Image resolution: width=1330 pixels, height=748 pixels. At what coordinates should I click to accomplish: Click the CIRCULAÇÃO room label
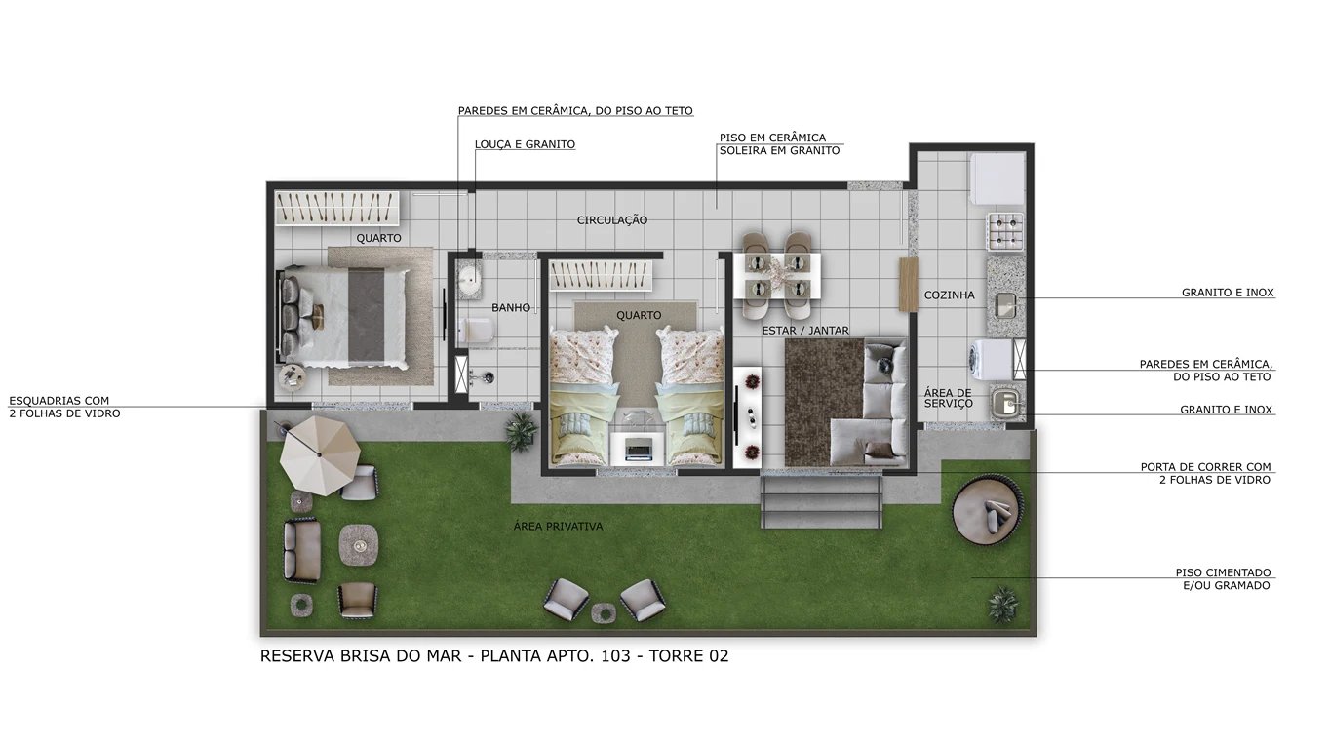tap(612, 220)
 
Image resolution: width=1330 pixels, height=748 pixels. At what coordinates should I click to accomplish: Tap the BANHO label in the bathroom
tap(511, 307)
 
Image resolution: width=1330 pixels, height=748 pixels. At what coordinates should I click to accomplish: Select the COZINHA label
tap(950, 295)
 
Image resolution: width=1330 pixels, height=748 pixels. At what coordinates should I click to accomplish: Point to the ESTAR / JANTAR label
tap(805, 330)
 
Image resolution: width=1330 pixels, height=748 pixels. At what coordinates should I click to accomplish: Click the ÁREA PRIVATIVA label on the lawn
tap(558, 526)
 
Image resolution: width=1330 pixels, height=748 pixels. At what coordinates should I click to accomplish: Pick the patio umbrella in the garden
tap(320, 455)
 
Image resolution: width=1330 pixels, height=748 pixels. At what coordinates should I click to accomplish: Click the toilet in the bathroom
tap(476, 332)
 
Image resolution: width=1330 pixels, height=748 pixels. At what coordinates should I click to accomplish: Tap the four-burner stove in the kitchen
tap(1005, 231)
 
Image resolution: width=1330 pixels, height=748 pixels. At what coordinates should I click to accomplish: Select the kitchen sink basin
tap(1006, 306)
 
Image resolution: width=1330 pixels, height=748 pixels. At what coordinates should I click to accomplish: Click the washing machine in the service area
tap(990, 359)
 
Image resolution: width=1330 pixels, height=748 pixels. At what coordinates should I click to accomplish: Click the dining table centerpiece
tap(777, 275)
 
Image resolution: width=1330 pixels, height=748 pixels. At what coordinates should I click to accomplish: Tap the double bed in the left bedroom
tap(344, 316)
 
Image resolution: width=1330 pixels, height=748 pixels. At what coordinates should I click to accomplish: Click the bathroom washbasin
tap(470, 277)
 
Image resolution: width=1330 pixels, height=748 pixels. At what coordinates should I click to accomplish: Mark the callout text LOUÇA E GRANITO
tap(525, 144)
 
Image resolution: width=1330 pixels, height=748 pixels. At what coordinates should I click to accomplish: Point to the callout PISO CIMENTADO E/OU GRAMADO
tap(1223, 579)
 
